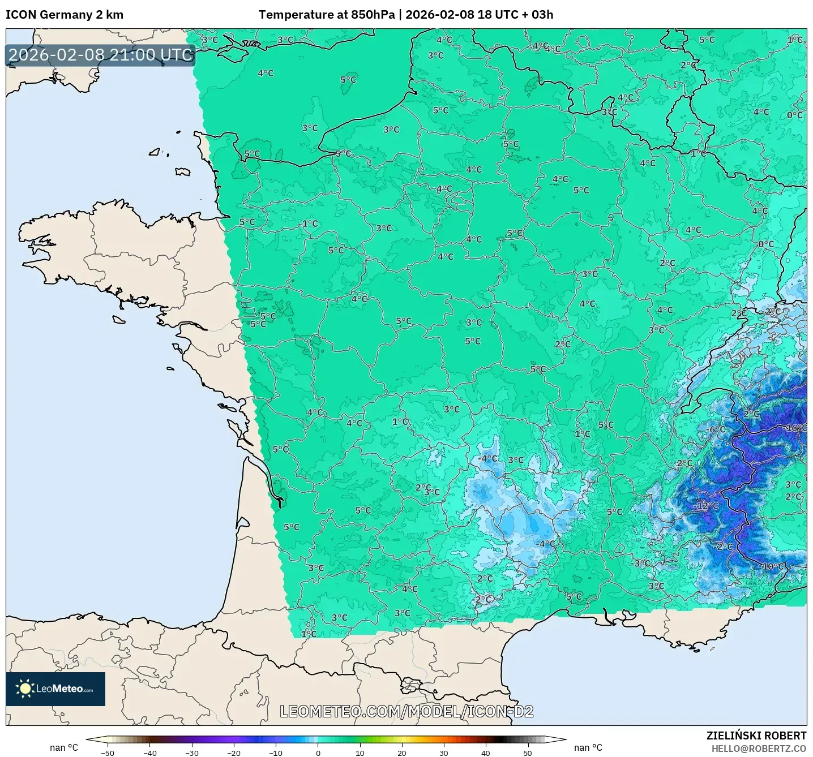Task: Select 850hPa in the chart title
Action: [373, 15]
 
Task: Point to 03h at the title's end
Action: [542, 15]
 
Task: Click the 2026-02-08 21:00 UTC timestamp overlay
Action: [101, 55]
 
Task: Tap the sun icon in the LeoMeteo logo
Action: [25, 689]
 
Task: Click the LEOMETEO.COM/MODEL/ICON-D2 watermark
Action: [406, 711]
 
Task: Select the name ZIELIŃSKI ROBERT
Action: [756, 736]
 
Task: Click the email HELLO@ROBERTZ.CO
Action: [759, 749]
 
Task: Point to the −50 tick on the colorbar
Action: [107, 752]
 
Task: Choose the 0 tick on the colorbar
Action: [318, 752]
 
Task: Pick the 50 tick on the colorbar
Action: [528, 752]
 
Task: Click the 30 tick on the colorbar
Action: [444, 752]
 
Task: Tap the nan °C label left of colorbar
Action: [63, 747]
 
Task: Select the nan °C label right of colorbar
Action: [588, 747]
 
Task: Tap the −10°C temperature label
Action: [772, 566]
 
